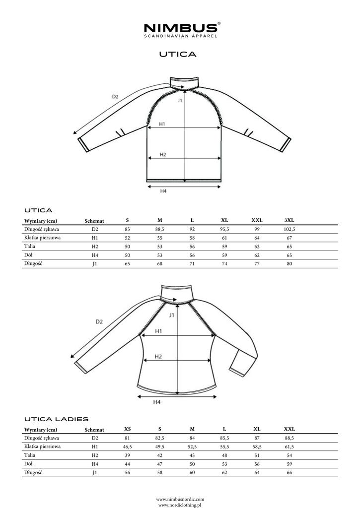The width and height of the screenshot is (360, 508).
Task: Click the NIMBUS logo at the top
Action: (x=180, y=29)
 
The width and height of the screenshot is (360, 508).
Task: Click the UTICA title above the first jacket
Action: (x=178, y=54)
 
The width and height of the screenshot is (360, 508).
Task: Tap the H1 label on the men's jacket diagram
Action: (x=162, y=124)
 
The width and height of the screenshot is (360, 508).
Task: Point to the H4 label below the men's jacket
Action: (x=163, y=190)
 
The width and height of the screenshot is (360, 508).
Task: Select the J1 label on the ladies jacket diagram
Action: (x=172, y=315)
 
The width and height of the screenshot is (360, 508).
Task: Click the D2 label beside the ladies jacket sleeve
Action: (x=99, y=321)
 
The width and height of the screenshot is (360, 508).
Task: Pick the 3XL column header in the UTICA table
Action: (x=289, y=220)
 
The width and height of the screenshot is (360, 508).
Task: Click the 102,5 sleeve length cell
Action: (x=289, y=229)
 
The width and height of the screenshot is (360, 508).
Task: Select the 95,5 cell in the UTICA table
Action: (x=224, y=229)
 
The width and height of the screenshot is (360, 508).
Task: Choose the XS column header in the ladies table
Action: (x=128, y=429)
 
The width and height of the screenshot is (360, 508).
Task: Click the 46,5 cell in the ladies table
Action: (x=128, y=446)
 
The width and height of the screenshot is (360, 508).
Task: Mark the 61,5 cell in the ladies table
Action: (x=289, y=446)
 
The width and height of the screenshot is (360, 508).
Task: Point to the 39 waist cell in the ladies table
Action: (x=128, y=455)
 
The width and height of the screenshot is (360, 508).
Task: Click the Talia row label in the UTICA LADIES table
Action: (x=29, y=455)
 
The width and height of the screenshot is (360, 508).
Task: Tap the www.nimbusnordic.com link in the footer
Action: (x=180, y=499)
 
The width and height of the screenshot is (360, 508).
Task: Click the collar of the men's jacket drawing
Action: (x=184, y=81)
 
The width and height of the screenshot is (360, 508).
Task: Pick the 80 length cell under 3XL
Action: (x=289, y=263)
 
